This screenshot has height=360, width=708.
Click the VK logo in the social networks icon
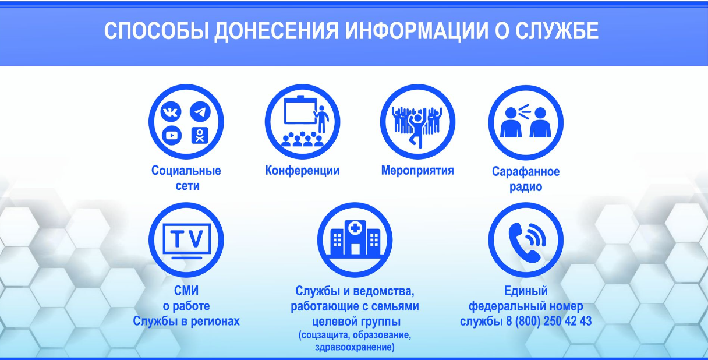click(x=171, y=112)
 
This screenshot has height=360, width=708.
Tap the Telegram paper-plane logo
click(x=200, y=112)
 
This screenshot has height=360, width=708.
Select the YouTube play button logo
click(x=172, y=135)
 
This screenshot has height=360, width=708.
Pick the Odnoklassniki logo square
click(x=200, y=135)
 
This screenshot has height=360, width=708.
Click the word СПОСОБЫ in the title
click(x=157, y=31)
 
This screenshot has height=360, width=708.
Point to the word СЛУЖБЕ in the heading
click(x=557, y=31)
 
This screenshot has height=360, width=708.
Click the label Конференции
click(x=303, y=171)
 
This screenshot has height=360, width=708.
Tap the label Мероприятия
click(x=417, y=171)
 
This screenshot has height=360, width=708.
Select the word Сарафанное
click(x=526, y=172)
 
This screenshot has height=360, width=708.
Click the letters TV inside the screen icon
click(x=186, y=238)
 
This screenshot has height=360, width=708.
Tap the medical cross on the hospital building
click(x=355, y=228)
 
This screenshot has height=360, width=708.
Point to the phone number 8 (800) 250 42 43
click(x=548, y=321)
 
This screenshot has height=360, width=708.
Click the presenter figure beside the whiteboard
click(x=321, y=119)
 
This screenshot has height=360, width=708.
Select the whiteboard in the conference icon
click(x=300, y=110)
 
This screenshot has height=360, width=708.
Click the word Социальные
click(x=186, y=171)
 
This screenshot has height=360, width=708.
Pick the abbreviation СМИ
click(x=186, y=291)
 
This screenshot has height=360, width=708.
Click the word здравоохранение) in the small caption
click(x=355, y=347)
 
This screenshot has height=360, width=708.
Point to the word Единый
click(x=526, y=291)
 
